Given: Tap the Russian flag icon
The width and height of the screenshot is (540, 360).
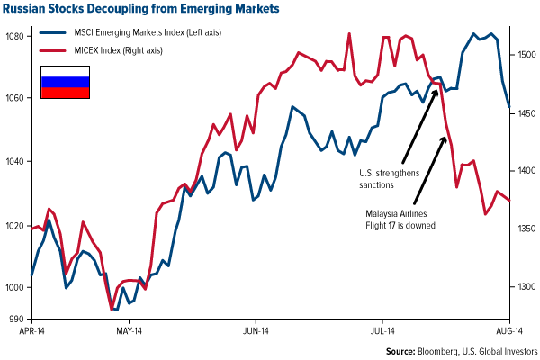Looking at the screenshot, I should tap(65, 82).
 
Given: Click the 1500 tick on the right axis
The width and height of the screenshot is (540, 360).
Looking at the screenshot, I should tap(526, 55).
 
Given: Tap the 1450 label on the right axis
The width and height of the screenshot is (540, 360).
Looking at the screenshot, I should tap(526, 113).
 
